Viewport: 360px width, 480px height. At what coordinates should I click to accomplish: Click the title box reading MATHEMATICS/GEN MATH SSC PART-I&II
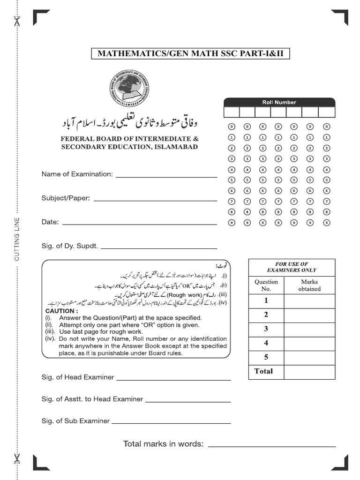click(190, 54)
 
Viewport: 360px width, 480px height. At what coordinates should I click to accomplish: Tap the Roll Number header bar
click(279, 102)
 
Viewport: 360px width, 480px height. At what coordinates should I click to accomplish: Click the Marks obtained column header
click(309, 285)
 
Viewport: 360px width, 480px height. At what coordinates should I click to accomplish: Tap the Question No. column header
click(266, 285)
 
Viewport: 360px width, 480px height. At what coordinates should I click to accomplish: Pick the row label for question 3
click(266, 329)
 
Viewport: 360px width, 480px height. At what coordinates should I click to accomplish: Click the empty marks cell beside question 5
click(309, 357)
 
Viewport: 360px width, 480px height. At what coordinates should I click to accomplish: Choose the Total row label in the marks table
click(263, 371)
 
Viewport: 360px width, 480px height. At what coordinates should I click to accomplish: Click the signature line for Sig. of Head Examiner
click(173, 379)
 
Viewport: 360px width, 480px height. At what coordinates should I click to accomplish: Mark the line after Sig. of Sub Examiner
click(171, 422)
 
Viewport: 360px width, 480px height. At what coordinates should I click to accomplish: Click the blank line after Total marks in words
click(272, 446)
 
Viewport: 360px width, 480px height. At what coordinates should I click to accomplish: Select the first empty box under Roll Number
click(232, 112)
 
